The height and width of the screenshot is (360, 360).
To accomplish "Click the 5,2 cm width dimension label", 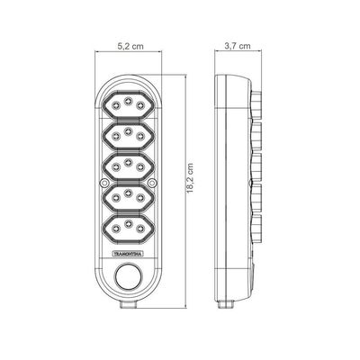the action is click(x=130, y=46).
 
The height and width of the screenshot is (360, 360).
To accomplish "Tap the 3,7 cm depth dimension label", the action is click(x=238, y=46).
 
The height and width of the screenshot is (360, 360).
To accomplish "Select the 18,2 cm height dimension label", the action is click(x=190, y=178).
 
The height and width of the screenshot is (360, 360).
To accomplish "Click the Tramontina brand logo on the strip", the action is click(x=128, y=254).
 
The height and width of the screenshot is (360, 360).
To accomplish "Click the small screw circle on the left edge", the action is click(x=104, y=182).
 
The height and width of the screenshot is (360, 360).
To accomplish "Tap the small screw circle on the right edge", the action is click(x=152, y=182).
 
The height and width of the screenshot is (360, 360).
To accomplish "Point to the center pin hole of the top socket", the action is click(x=128, y=100).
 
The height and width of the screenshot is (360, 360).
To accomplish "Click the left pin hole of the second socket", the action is click(x=116, y=136).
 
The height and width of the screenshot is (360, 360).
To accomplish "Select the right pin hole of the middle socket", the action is click(x=140, y=166).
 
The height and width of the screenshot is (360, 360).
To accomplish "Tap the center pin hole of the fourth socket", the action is click(x=128, y=193).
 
